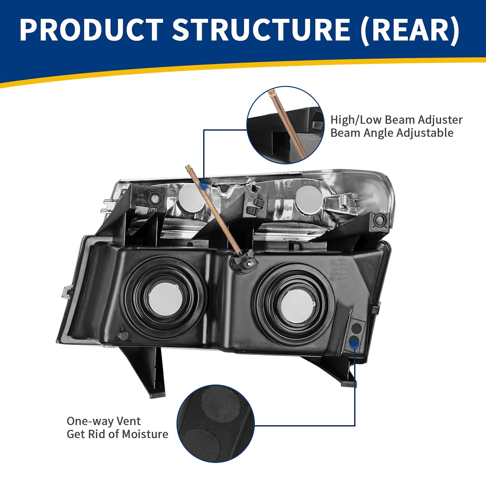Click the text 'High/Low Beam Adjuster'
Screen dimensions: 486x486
click(396, 120)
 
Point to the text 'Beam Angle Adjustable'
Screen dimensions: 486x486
click(391, 133)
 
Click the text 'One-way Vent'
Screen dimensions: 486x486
click(104, 421)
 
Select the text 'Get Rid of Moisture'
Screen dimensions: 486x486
click(117, 434)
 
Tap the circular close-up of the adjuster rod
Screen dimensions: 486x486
click(286, 125)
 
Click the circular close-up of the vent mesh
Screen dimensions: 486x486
click(216, 423)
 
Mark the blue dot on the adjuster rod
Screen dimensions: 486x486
click(203, 185)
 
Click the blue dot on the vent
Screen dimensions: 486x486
click(353, 343)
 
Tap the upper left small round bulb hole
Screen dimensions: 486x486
click(190, 197)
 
